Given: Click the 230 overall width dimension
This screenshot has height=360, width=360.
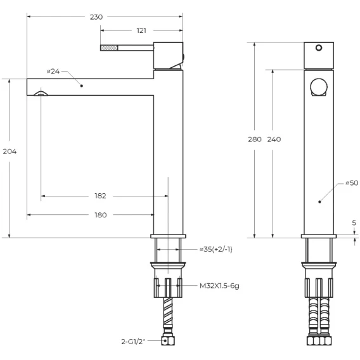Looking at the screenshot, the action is coord(96,17).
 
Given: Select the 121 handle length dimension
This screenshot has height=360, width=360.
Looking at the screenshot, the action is coord(141,30).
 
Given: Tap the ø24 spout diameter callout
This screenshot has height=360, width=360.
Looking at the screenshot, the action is coord(53,72).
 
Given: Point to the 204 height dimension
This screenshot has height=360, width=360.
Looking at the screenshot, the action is coord(10,151).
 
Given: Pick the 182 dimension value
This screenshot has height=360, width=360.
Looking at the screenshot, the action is coord(100,196).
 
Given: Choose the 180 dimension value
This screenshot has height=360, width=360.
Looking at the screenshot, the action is coord(101,215).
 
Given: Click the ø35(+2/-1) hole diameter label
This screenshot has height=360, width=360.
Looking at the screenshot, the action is coord(216,249).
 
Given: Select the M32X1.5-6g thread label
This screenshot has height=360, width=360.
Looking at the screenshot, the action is coord(219,286).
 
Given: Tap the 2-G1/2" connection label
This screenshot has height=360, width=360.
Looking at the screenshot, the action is coord(133,342).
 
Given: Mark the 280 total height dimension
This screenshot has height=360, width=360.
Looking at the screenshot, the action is coord(255,139).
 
